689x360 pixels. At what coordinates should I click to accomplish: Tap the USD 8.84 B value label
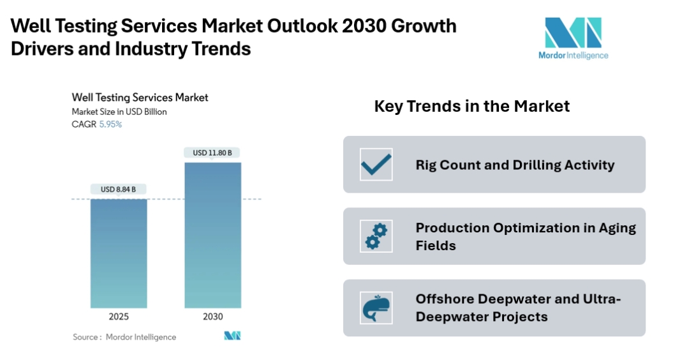119,189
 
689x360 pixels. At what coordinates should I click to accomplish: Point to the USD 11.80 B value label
212,153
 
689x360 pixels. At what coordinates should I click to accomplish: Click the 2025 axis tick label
119,317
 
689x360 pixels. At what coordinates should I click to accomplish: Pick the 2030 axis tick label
212,317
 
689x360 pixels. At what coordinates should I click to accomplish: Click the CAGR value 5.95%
110,124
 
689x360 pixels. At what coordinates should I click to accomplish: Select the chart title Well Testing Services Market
140,98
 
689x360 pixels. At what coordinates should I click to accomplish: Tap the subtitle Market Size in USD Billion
119,112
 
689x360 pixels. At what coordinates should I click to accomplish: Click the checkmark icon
376,165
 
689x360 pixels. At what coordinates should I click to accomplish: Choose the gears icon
376,236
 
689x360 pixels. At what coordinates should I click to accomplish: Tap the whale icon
376,308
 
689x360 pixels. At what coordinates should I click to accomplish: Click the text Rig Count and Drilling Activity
515,165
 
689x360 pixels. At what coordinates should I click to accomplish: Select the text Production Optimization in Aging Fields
526,236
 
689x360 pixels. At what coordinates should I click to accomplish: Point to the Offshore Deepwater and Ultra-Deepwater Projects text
518,308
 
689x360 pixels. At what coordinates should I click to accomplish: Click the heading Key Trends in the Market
471,106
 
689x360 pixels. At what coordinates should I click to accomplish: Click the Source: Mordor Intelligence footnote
124,337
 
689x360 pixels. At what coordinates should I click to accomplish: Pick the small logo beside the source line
232,336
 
